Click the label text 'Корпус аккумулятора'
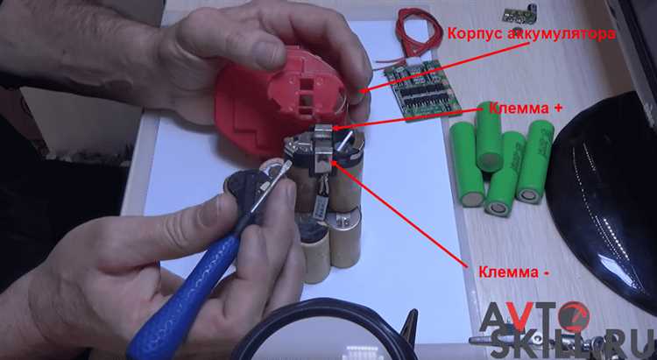531,34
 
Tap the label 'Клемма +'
525,108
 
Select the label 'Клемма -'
513,272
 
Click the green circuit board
422,89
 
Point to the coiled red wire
418,32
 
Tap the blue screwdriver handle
184,294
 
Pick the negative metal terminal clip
322,160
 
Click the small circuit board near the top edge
514,14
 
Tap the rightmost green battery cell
535,161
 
